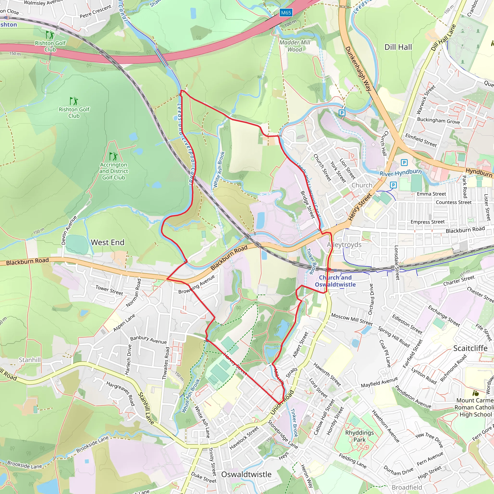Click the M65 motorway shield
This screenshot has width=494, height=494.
click(x=286, y=13)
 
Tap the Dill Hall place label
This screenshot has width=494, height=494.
click(x=398, y=47)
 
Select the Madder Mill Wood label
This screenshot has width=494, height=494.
click(x=295, y=46)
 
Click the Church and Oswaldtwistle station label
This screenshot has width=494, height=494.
click(x=335, y=281)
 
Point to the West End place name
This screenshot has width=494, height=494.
click(x=108, y=242)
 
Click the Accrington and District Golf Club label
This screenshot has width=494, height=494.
click(x=114, y=171)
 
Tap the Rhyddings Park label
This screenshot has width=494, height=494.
click(x=359, y=436)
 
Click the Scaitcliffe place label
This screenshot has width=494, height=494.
click(x=470, y=348)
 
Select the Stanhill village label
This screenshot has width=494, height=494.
click(x=30, y=360)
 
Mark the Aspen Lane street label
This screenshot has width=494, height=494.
click(x=124, y=323)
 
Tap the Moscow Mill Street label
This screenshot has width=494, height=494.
click(x=352, y=319)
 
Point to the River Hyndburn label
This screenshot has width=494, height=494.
click(x=400, y=173)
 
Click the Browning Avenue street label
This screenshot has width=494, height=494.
click(x=196, y=284)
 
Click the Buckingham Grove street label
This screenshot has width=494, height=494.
click(x=438, y=121)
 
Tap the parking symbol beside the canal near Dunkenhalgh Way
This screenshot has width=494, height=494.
click(x=342, y=113)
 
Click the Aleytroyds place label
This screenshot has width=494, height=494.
click(x=344, y=245)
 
